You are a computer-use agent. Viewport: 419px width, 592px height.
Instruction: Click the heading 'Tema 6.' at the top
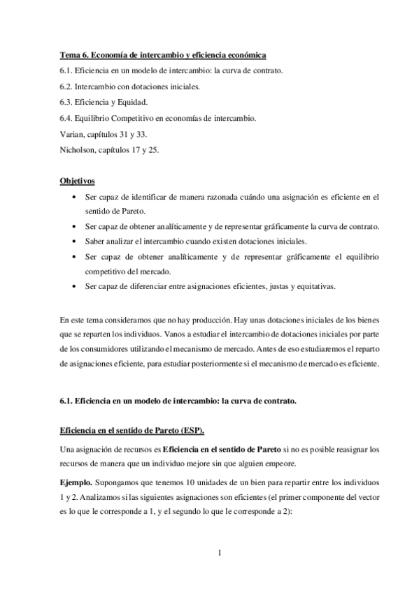73,54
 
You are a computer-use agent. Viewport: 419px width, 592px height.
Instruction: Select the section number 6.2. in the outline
68,87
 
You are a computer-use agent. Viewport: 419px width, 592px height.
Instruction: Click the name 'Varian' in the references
71,135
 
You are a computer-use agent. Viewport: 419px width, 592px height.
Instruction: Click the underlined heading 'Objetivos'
77,181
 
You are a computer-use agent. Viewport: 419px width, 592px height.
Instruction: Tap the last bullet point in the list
76,286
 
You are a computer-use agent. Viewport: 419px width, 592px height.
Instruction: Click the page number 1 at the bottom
220,554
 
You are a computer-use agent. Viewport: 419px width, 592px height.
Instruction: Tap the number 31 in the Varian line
127,135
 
